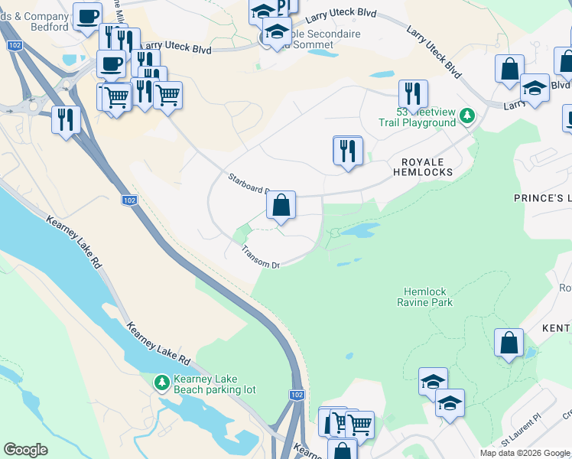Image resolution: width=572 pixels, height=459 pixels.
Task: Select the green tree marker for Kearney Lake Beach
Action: click(x=161, y=381)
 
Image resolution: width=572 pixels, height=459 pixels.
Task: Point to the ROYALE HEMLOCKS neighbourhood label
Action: click(x=423, y=168)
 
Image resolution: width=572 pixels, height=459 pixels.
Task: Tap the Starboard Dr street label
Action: click(x=248, y=184)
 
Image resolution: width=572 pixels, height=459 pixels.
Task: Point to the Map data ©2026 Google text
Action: click(x=525, y=453)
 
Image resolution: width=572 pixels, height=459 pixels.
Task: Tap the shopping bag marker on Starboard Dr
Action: click(x=281, y=206)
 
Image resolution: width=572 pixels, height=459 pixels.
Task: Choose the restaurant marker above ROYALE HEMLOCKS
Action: click(x=348, y=151)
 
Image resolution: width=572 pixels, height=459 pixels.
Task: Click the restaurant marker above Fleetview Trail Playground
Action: click(x=413, y=95)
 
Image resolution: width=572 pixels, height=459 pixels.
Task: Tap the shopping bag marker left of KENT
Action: click(x=509, y=343)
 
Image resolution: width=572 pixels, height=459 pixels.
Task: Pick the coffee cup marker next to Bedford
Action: click(x=88, y=16)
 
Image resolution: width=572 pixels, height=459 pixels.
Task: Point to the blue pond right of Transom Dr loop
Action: click(x=358, y=230)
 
